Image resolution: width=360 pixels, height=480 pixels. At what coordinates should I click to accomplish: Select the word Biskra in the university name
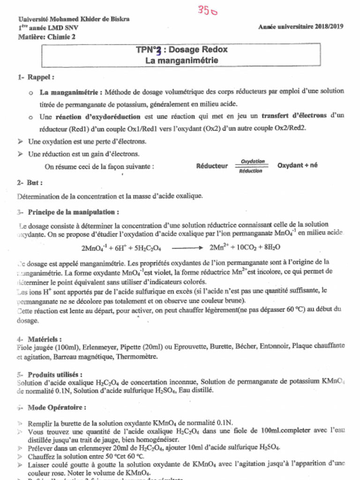pos(119,19)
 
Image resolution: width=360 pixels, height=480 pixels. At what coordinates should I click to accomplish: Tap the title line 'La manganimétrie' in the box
pos(181,60)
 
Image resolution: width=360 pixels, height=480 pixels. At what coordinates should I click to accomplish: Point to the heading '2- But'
pos(30,182)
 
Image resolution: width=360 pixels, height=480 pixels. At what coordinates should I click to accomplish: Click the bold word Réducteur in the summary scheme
pos(212,166)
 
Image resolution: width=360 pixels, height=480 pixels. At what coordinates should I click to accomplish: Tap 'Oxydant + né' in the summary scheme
pos(297,165)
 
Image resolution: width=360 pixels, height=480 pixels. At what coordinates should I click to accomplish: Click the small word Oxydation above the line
pos(253,162)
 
